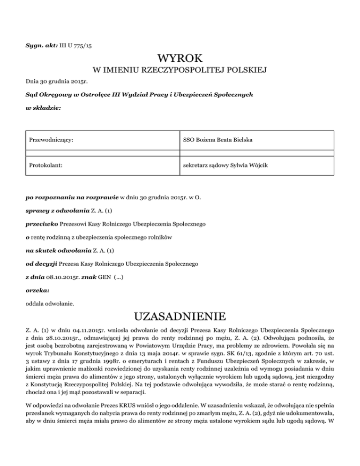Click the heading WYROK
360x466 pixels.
click(x=180, y=60)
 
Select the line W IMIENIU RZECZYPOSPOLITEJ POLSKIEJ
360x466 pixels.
click(x=180, y=71)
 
